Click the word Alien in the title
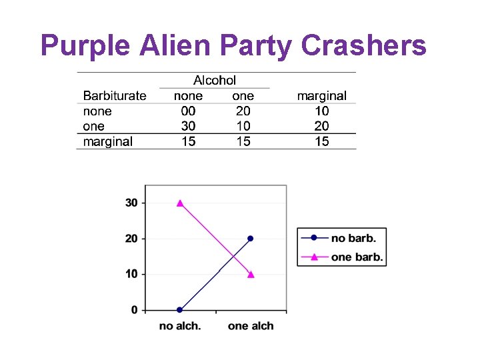click(x=177, y=45)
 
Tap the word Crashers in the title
click(x=363, y=45)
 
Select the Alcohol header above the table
click(x=215, y=81)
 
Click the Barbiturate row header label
click(x=115, y=96)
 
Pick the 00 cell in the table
click(x=189, y=111)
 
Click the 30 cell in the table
click(x=189, y=126)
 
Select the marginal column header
click(x=322, y=96)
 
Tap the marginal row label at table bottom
click(x=108, y=141)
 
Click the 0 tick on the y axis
click(x=134, y=310)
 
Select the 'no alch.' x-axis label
click(x=180, y=326)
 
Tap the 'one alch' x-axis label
click(x=251, y=326)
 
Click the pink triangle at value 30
click(x=180, y=203)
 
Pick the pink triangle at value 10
click(x=251, y=274)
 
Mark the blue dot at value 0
click(x=180, y=310)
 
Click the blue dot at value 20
click(x=251, y=238)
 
